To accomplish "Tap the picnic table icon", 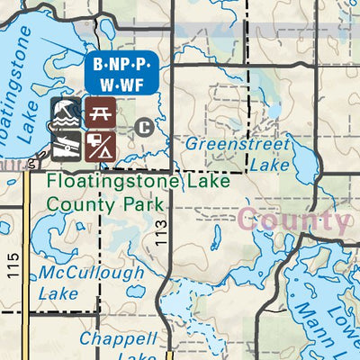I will tap(101, 112).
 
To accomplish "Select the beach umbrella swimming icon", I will tap(65, 112).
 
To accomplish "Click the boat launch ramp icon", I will tap(65, 144).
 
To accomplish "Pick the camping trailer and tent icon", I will tap(101, 144).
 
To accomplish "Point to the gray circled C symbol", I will tap(142, 125).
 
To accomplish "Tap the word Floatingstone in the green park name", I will tap(103, 180).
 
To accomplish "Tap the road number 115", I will tap(12, 267).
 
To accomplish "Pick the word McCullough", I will tap(91, 273).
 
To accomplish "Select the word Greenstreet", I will tap(238, 145).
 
